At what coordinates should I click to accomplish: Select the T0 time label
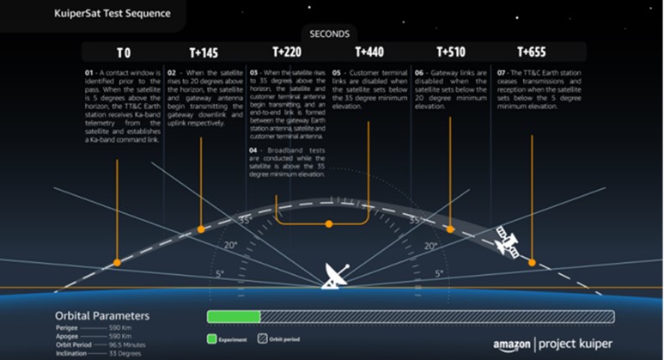[x=122, y=52]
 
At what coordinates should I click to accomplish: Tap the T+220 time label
[x=287, y=52]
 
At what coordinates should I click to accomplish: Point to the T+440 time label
[x=369, y=52]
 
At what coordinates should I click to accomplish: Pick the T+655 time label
[x=533, y=52]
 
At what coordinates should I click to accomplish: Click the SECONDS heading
[x=330, y=34]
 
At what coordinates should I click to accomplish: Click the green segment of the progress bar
[x=234, y=317]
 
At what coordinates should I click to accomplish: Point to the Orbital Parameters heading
[x=102, y=315]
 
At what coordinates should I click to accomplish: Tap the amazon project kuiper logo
[x=554, y=344]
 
